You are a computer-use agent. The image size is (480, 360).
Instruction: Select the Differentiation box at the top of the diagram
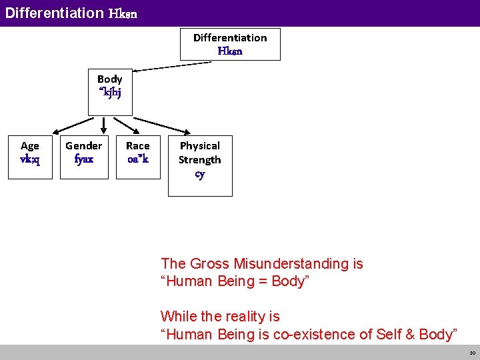tap(230, 44)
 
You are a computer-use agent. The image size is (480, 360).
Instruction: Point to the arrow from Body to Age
tap(73, 125)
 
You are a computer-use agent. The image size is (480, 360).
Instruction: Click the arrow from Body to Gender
tap(103, 125)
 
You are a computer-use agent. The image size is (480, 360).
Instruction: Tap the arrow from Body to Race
tap(131, 125)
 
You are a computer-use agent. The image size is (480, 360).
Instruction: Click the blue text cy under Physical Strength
tap(200, 175)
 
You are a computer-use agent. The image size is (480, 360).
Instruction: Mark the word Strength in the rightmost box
tap(200, 160)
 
